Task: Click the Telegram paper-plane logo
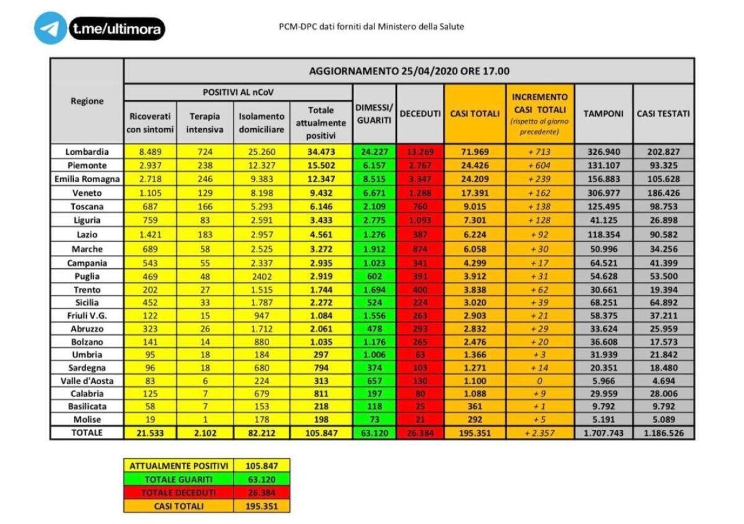[x=50, y=28]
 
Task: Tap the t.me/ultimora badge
[x=117, y=28]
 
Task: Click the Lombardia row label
[x=87, y=152]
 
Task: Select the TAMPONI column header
[x=603, y=113]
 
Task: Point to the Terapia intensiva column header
[x=205, y=123]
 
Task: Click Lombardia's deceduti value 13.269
[x=420, y=152]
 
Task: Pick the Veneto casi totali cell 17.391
[x=474, y=193]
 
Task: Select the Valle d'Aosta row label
[x=87, y=380]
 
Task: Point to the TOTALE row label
[x=87, y=433]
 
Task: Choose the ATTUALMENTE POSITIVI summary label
[x=179, y=465]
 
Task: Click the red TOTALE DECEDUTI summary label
[x=179, y=492]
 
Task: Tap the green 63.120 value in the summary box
[x=262, y=479]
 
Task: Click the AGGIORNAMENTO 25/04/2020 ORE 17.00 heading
[x=409, y=71]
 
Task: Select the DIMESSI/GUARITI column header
[x=374, y=113]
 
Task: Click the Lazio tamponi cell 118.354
[x=603, y=235]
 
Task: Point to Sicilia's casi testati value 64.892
[x=663, y=303]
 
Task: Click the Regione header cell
[x=87, y=101]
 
